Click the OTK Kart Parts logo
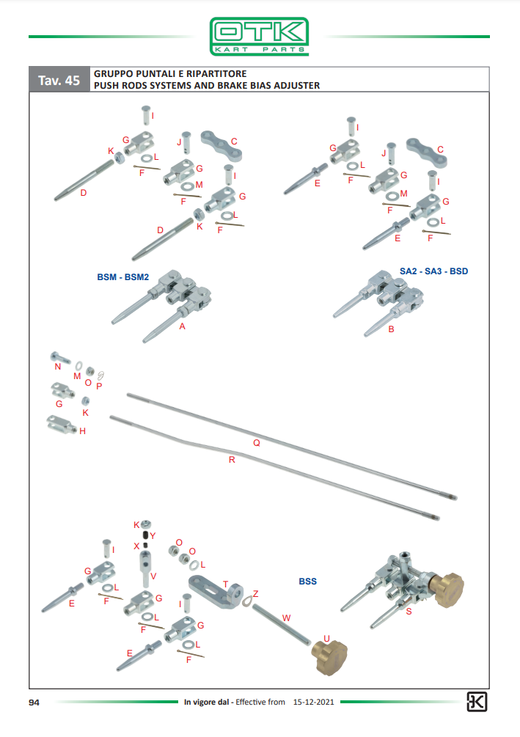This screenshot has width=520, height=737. pos(259,37)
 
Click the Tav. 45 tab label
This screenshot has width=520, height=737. pos(59,81)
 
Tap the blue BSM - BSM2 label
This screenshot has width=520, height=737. pos(122,277)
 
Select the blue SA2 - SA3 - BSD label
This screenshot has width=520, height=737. pos(433,271)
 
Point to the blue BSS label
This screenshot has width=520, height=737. pos(307,582)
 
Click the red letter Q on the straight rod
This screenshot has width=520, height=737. pos(256,443)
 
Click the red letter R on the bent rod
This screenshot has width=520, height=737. pos(232,460)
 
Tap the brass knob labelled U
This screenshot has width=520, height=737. pos(329,657)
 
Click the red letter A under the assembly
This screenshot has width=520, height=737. pos(183,326)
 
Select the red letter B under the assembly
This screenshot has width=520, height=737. pos(391,329)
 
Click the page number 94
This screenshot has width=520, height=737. pos(34,703)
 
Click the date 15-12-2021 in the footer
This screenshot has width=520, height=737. pos(313,702)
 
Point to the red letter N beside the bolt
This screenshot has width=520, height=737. pos(58,367)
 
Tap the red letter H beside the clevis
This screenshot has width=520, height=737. pos(82,431)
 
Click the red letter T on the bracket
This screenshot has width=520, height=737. pos(225,584)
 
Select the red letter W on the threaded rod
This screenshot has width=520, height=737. pos(286,618)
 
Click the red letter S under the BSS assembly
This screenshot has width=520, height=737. pos(409,612)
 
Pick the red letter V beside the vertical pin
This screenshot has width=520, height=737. pos(153,576)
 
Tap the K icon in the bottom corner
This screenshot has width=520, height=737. pos(476,703)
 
